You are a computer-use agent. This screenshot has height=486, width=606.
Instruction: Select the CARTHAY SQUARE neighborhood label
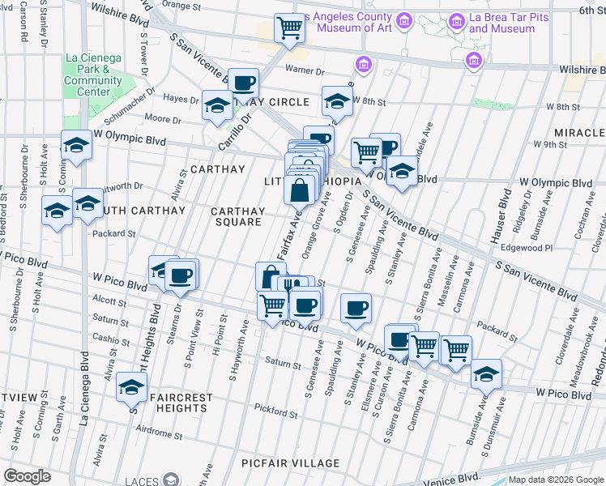[237, 216]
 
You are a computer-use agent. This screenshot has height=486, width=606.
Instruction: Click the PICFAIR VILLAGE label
[291, 463]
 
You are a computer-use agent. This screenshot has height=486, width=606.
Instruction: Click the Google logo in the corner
[27, 475]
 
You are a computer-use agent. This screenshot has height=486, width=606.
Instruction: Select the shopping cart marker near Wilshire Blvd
[289, 28]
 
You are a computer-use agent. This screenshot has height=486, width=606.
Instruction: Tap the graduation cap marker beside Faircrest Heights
[131, 388]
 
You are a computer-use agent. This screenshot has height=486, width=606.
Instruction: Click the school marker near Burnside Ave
[486, 373]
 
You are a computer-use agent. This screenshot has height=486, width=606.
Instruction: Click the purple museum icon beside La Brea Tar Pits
[473, 59]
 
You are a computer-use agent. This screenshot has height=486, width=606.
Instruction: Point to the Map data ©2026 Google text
[556, 479]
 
